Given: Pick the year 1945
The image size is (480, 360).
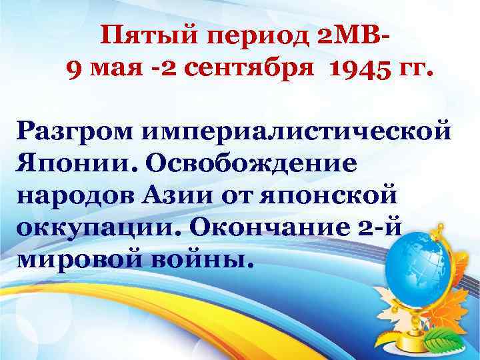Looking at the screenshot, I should tap(359, 67).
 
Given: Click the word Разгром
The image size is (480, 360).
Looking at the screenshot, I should tap(76, 131).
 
